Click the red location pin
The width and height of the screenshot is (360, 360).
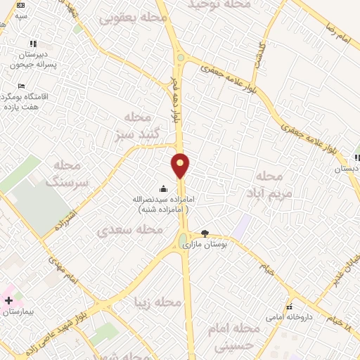181,165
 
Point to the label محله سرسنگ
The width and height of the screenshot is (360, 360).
69,173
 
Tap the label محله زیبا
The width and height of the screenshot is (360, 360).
158,302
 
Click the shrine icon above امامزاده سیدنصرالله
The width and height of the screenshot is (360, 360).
164,188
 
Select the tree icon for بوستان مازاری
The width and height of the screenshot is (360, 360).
205,233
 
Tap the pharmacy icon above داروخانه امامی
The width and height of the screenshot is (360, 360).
289,307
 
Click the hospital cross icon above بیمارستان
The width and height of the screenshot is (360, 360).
8,300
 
